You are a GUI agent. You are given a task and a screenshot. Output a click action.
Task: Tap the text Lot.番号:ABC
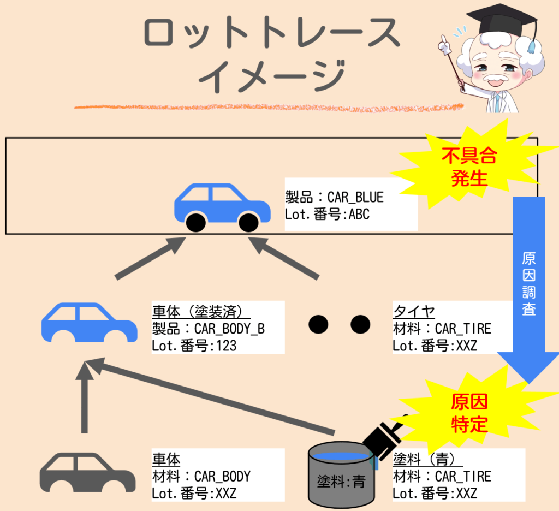click(x=327, y=215)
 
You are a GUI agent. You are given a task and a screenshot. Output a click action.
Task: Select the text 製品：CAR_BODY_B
click(x=208, y=329)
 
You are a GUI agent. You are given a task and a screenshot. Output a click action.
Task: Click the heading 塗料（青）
click(x=424, y=459)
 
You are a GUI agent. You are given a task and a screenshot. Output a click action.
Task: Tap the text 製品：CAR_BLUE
click(x=334, y=197)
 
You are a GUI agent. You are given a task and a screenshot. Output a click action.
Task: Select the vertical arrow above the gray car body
click(x=85, y=399)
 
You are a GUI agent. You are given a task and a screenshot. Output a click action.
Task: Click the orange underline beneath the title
click(x=267, y=106)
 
